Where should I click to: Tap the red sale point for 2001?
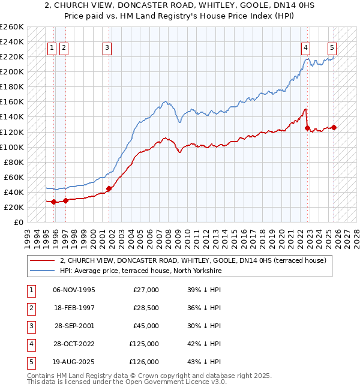pos(109,188)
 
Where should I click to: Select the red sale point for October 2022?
pos(308,128)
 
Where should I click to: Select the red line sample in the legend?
pos(43,261)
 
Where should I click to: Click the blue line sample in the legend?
pos(43,271)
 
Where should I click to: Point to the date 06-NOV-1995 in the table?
pos(74,290)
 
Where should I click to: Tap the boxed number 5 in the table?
pos(31,362)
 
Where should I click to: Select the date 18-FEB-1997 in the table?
pos(74,308)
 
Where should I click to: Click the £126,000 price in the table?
pos(144,362)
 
